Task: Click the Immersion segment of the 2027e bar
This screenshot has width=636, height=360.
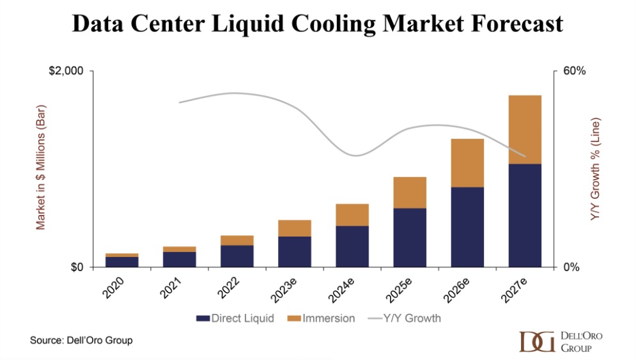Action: (x=525, y=129)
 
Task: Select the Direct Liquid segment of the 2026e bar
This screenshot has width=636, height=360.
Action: (x=467, y=226)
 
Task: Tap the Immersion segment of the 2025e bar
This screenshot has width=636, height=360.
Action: (x=410, y=192)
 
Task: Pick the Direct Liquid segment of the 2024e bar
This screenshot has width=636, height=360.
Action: (x=352, y=246)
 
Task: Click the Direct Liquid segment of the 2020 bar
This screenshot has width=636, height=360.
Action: (x=122, y=262)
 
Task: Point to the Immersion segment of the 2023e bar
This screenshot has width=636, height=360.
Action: (x=295, y=228)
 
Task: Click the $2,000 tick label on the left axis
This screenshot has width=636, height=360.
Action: (x=66, y=71)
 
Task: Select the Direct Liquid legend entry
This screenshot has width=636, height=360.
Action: (x=236, y=318)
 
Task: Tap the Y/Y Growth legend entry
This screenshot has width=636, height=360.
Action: (x=405, y=318)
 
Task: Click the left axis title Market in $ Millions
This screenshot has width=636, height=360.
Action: (x=40, y=169)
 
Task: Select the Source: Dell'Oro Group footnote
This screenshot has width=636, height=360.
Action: (x=81, y=340)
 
